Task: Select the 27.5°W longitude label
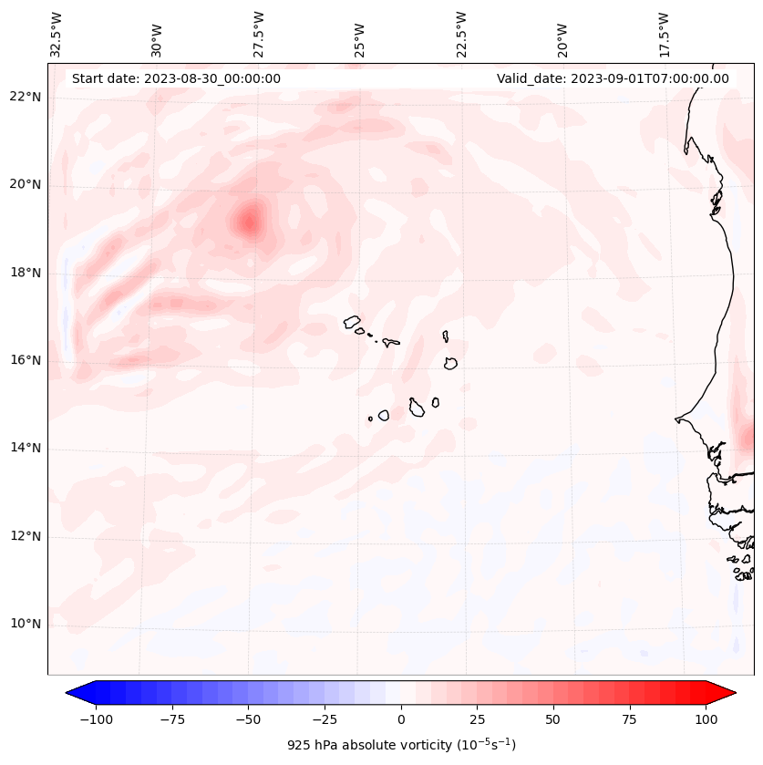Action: tap(259, 33)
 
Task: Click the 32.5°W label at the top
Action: tap(57, 33)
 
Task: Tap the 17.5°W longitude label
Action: tap(664, 33)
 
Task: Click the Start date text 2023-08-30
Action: tap(176, 78)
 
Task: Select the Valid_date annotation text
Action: tap(613, 78)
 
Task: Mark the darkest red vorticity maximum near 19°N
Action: tap(249, 221)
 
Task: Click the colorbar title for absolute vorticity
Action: tap(401, 745)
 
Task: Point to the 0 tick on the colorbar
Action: tap(401, 719)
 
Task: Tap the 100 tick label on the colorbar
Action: tap(706, 719)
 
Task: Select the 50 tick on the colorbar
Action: tap(553, 719)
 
